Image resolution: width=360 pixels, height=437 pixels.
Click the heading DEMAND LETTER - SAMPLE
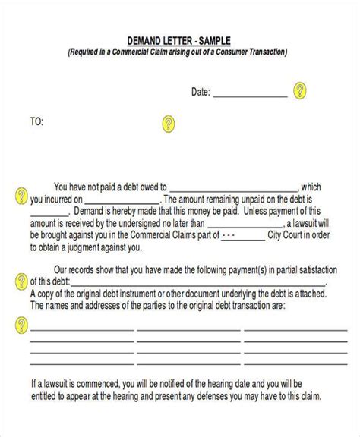pos(179,40)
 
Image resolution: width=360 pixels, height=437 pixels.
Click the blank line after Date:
pos(249,96)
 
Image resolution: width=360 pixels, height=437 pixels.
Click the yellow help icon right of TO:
pos(169,122)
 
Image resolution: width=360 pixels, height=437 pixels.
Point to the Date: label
pos(200,93)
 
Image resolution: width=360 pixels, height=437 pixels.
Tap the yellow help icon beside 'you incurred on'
pos(21,196)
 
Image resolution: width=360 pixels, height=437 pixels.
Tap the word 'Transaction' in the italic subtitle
pos(264,52)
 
